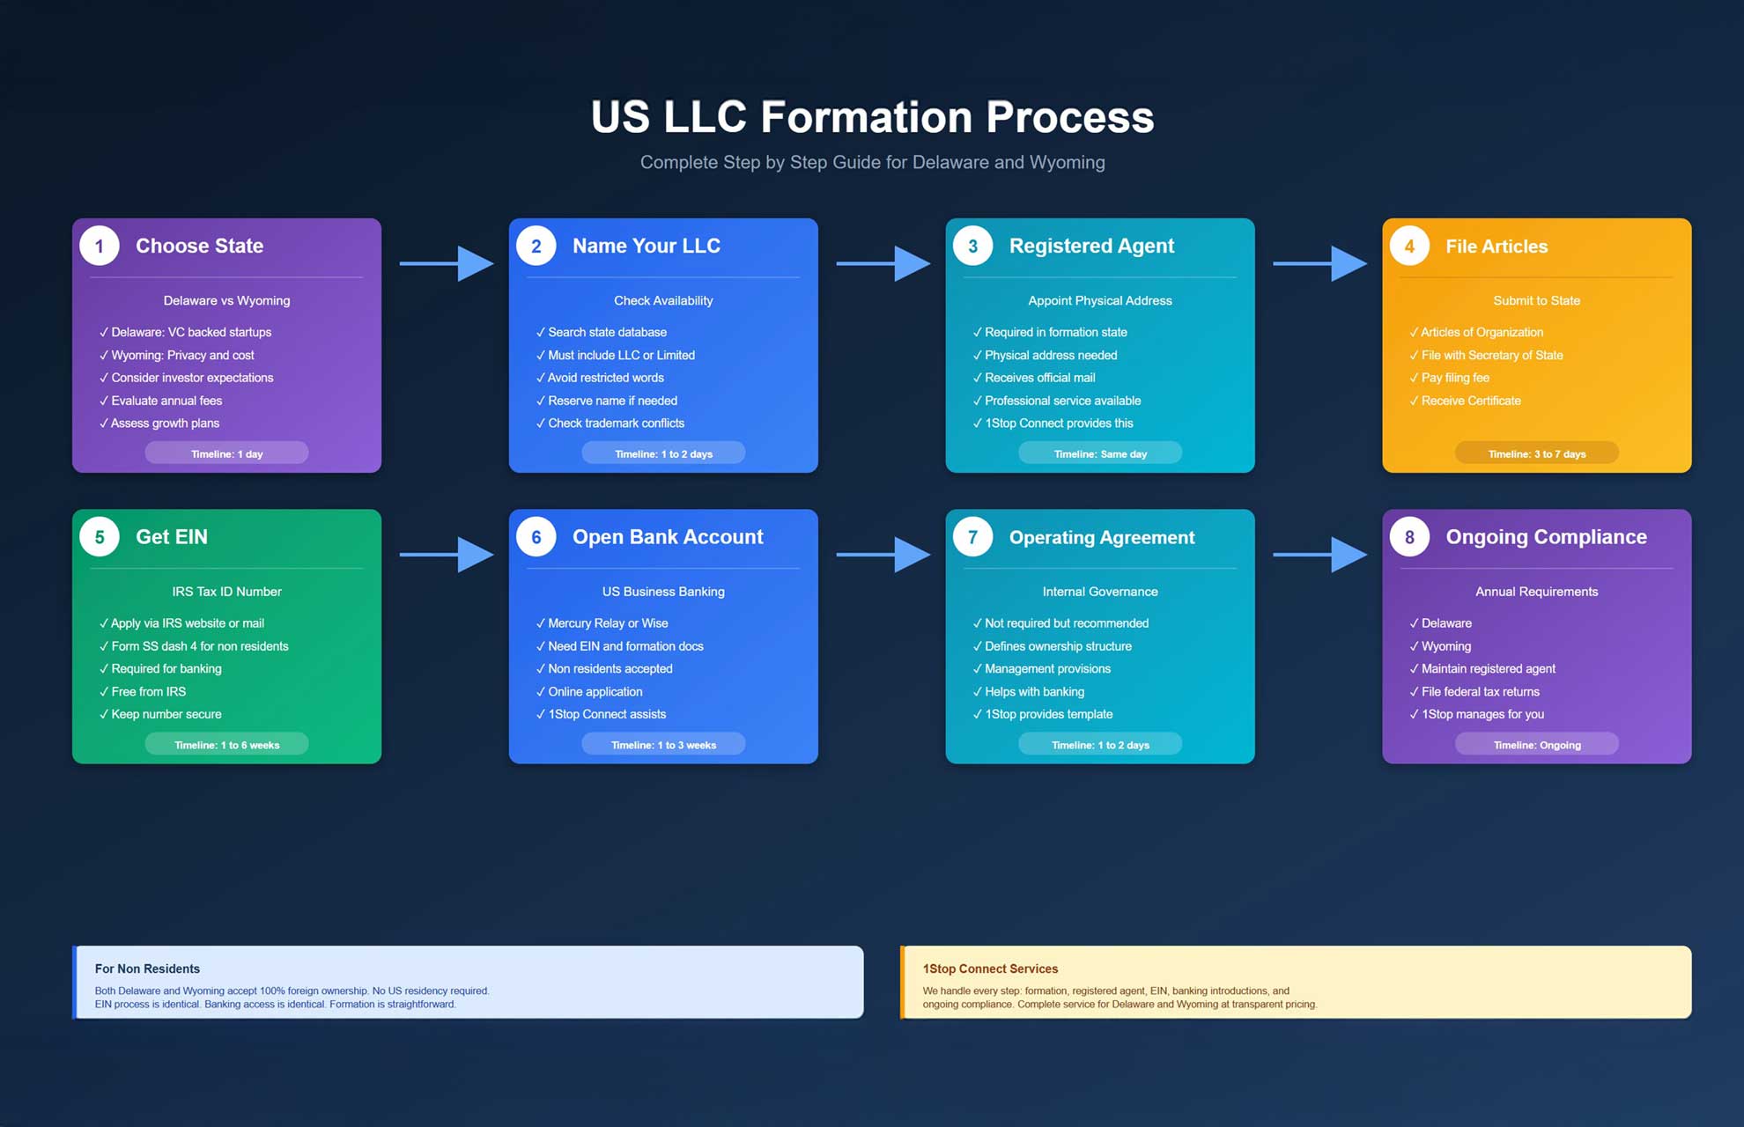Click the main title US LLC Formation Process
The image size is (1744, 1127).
(x=872, y=117)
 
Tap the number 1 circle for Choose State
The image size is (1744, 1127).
(x=100, y=247)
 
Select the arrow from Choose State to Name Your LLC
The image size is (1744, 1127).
(x=446, y=263)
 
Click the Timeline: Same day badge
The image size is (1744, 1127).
(x=1099, y=453)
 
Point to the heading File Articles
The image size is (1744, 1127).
(x=1496, y=247)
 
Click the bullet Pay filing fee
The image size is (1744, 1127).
(x=1454, y=378)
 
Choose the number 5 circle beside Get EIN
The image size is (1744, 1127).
(x=100, y=537)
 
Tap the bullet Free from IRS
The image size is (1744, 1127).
(x=148, y=692)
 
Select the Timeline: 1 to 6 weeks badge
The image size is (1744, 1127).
(x=226, y=745)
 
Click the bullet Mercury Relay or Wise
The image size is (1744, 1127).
(x=608, y=623)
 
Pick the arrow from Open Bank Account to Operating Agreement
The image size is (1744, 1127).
(x=883, y=555)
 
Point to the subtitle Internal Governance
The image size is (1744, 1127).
(x=1099, y=592)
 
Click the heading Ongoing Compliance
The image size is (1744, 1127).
(x=1546, y=537)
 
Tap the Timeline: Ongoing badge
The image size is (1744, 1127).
(x=1536, y=745)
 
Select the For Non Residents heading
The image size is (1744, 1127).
(x=147, y=969)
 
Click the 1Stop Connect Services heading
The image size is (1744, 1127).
(x=990, y=969)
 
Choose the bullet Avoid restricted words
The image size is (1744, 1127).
(x=605, y=378)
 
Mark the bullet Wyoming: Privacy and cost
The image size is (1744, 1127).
(x=182, y=356)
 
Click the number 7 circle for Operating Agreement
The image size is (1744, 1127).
(x=972, y=537)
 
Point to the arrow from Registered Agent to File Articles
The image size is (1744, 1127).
(x=1319, y=263)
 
